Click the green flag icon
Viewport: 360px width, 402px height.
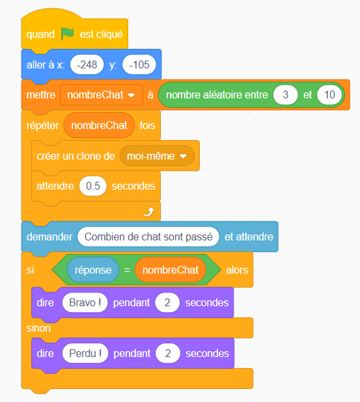pyautogui.click(x=68, y=34)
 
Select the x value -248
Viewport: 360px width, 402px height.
pyautogui.click(x=87, y=65)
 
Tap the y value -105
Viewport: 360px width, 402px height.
pyautogui.click(x=139, y=65)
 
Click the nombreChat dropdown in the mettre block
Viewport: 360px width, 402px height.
pyautogui.click(x=102, y=95)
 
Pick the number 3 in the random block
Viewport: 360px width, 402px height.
pyautogui.click(x=285, y=95)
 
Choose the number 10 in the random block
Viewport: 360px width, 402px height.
pyautogui.click(x=329, y=95)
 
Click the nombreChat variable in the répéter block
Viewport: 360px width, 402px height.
pyautogui.click(x=99, y=125)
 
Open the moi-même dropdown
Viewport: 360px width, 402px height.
pyautogui.click(x=157, y=156)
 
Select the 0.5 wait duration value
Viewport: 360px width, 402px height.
pyautogui.click(x=92, y=186)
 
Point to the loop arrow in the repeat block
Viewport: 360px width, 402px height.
pyautogui.click(x=149, y=212)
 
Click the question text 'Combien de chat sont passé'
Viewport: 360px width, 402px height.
pyautogui.click(x=148, y=237)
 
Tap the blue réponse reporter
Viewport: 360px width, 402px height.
pyautogui.click(x=93, y=270)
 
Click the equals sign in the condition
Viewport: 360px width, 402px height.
pyautogui.click(x=127, y=270)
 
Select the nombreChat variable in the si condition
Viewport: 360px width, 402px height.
pyautogui.click(x=171, y=270)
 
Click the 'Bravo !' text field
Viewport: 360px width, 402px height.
pyautogui.click(x=85, y=302)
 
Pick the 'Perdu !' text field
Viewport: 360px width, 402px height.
pyautogui.click(x=85, y=353)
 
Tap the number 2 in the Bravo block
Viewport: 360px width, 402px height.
pyautogui.click(x=167, y=302)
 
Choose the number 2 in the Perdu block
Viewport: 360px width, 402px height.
pyautogui.click(x=168, y=353)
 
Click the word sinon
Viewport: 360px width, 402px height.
pyautogui.click(x=38, y=328)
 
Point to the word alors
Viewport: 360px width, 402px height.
pyautogui.click(x=237, y=270)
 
